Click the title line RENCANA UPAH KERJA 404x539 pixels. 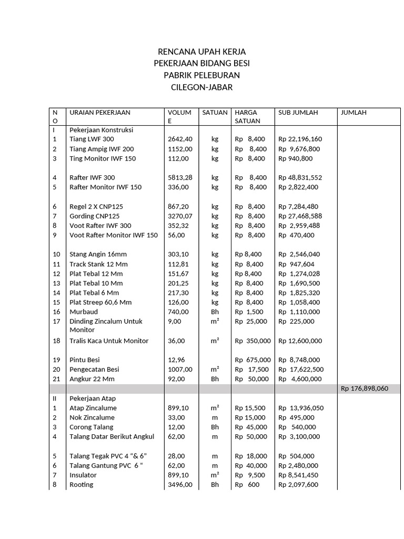pos(202,52)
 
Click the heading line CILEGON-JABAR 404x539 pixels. pos(202,87)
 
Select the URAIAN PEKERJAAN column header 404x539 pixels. pos(100,113)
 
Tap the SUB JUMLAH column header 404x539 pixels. pos(298,113)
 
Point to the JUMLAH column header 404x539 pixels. pos(354,113)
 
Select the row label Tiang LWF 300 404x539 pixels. pos(92,139)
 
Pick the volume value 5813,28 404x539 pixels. pos(180,178)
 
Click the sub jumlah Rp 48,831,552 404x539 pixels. pos(300,178)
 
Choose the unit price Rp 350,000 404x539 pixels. pos(252,341)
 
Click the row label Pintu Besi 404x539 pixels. pos(85,360)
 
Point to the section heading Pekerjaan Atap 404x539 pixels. pos(93,398)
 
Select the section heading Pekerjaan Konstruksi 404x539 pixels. pos(102,129)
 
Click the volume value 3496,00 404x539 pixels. pos(180,485)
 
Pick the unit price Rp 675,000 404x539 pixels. pos(252,360)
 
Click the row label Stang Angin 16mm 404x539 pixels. pos(98,254)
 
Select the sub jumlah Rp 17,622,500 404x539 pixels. pos(301,370)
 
